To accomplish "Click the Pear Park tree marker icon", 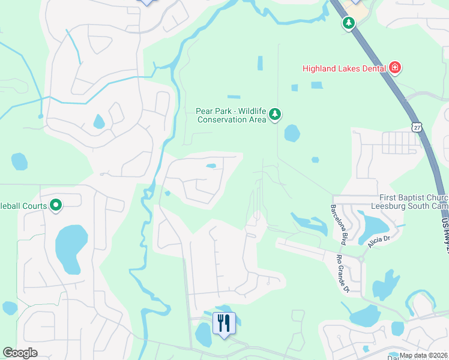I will (275, 114).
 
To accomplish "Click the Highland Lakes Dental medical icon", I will (395, 67).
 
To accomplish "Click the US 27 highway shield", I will (417, 127).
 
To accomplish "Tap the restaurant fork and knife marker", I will (224, 324).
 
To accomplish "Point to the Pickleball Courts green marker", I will (56, 206).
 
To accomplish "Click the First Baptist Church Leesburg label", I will (413, 202).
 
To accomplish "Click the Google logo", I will (20, 353).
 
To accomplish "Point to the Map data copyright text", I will (423, 355).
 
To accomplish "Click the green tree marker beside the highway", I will (348, 23).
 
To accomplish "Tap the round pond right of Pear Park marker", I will (292, 133).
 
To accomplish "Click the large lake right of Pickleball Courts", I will (71, 248).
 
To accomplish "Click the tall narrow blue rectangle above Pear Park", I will (260, 63).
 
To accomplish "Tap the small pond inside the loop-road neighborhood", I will (211, 166).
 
